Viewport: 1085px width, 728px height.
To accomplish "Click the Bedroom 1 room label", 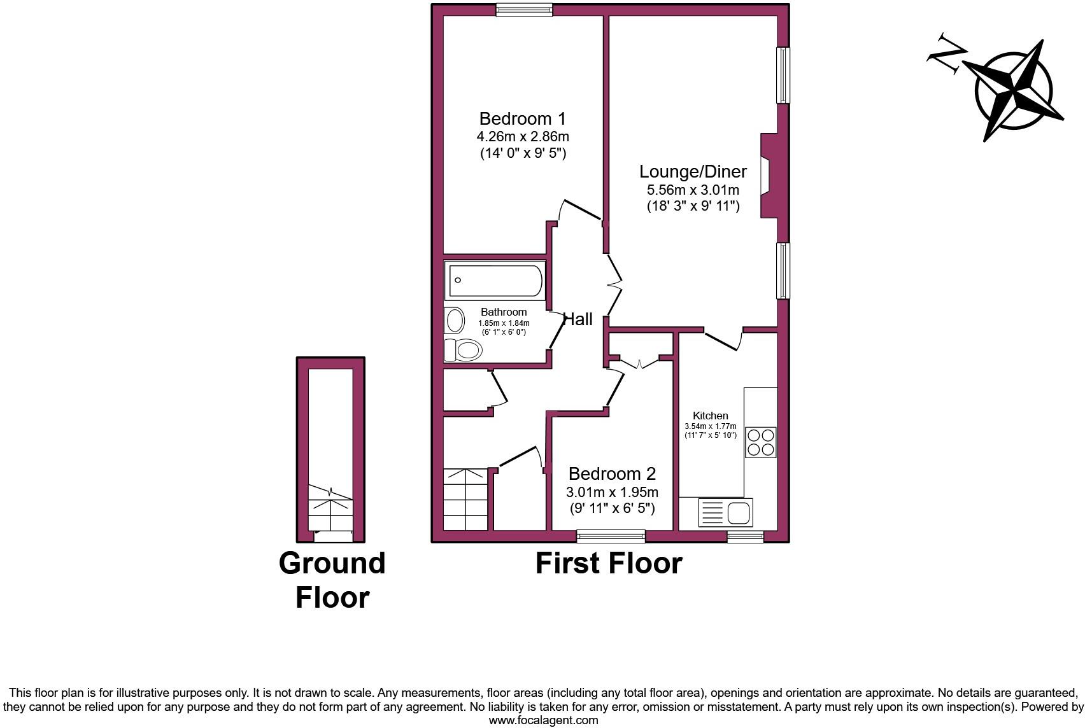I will point(522,119).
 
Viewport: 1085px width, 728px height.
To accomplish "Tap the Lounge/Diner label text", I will point(693,172).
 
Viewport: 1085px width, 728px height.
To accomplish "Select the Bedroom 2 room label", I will point(612,474).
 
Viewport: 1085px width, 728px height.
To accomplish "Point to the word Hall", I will point(578,319).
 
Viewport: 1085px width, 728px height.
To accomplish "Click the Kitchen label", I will point(710,416).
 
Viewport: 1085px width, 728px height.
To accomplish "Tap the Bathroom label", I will point(504,312).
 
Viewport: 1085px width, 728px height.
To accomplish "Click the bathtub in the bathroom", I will point(495,281).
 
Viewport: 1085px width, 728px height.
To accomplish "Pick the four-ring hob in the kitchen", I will point(761,442).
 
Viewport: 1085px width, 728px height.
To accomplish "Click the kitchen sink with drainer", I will point(726,512).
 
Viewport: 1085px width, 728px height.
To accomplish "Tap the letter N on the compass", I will point(947,55).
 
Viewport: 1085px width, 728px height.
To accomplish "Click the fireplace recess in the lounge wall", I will point(769,176).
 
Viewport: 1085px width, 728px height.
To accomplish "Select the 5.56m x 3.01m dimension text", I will point(693,190).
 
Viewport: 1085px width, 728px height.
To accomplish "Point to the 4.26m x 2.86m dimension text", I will point(522,136).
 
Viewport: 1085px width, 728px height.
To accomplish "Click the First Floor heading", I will point(608,564).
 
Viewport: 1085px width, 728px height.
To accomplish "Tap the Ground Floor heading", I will point(332,580).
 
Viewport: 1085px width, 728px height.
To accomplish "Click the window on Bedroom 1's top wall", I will point(524,10).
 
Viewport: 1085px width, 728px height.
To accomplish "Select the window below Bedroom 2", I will point(611,536).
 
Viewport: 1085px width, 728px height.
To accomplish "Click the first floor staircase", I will point(466,500).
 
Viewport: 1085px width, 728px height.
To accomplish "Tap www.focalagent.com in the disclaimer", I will point(543,720).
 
